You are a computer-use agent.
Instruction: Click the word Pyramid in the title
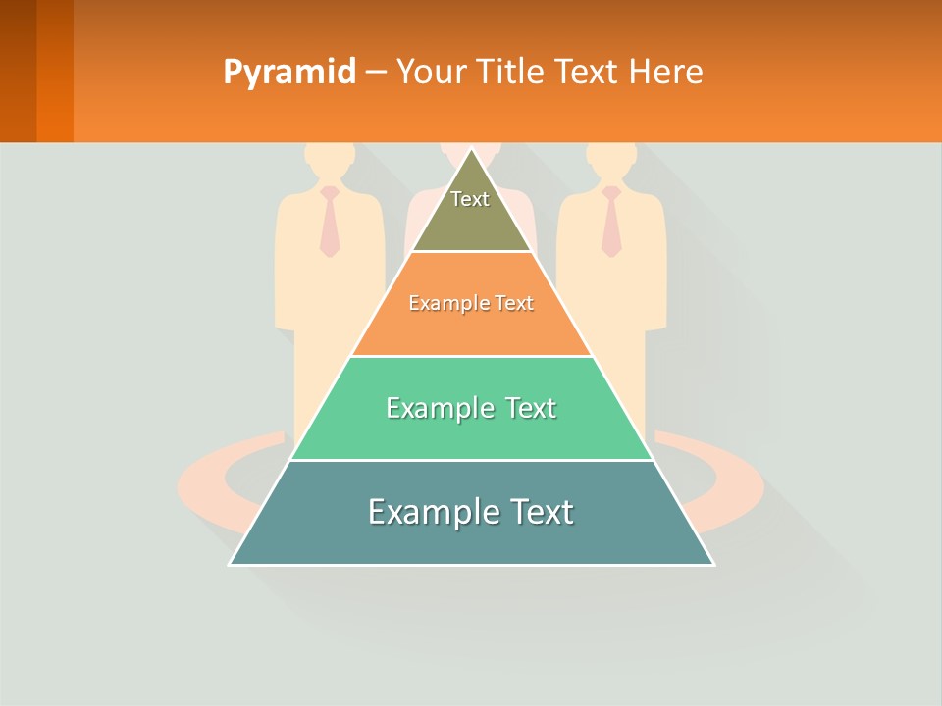[x=289, y=73]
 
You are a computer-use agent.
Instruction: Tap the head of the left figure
[x=330, y=159]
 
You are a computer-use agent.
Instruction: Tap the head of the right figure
[x=611, y=159]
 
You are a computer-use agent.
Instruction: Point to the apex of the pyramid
[x=471, y=150]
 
